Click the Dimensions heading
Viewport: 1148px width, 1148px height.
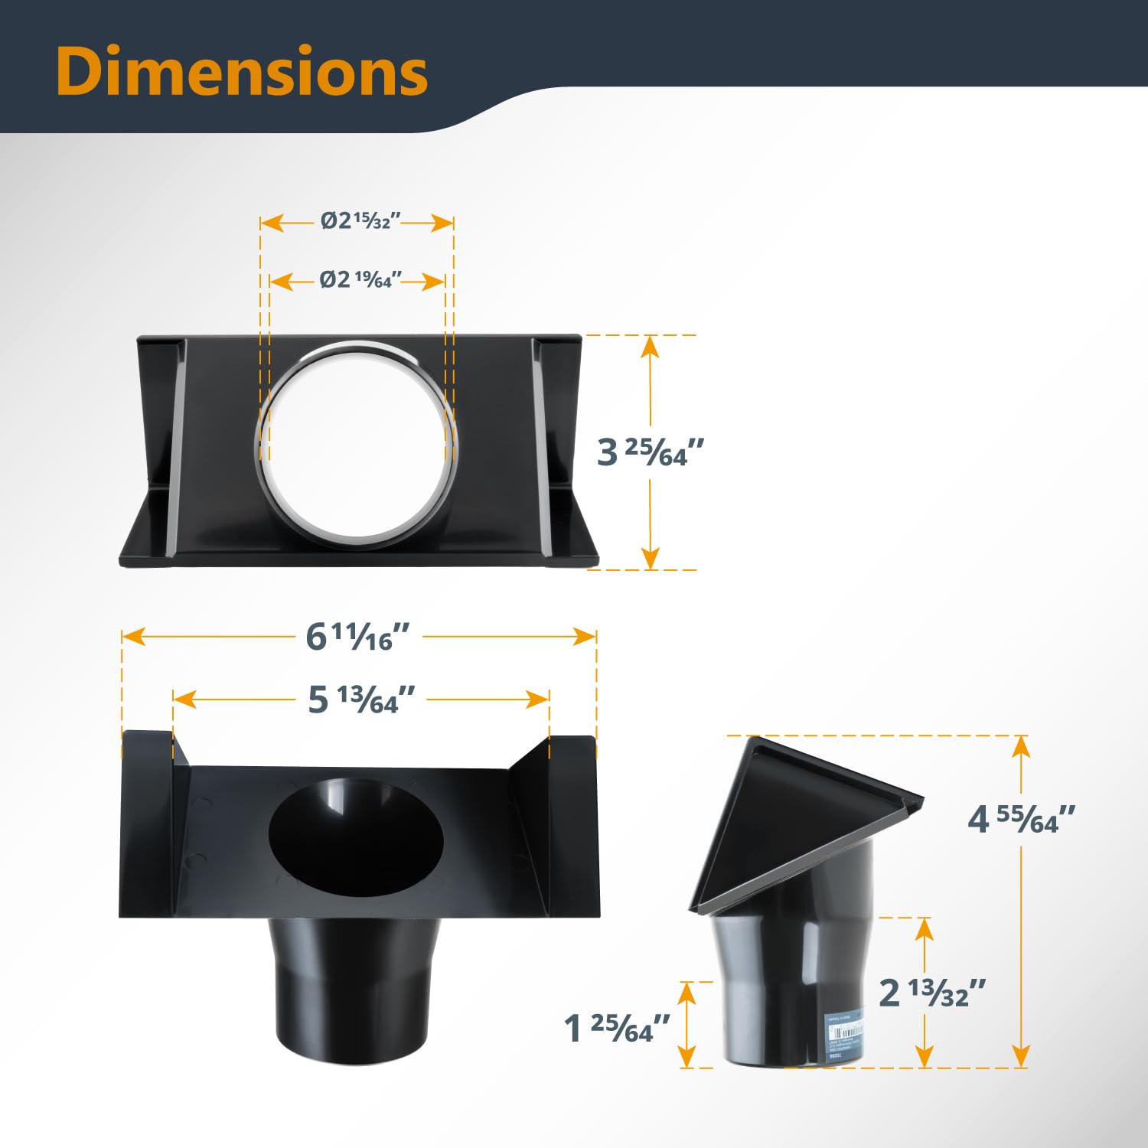[241, 71]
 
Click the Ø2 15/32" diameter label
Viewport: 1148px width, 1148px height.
[357, 221]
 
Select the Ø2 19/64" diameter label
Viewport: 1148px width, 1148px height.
[357, 280]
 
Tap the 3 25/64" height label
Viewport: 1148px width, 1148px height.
[650, 452]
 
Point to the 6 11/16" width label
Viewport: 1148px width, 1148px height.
[357, 637]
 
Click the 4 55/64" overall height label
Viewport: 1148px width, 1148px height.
[1021, 820]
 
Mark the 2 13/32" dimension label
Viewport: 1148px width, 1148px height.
[931, 993]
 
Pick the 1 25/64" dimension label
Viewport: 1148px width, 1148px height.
[617, 1028]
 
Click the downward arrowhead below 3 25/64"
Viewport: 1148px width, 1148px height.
[650, 558]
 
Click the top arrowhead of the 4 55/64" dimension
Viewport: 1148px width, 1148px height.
[1020, 747]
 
